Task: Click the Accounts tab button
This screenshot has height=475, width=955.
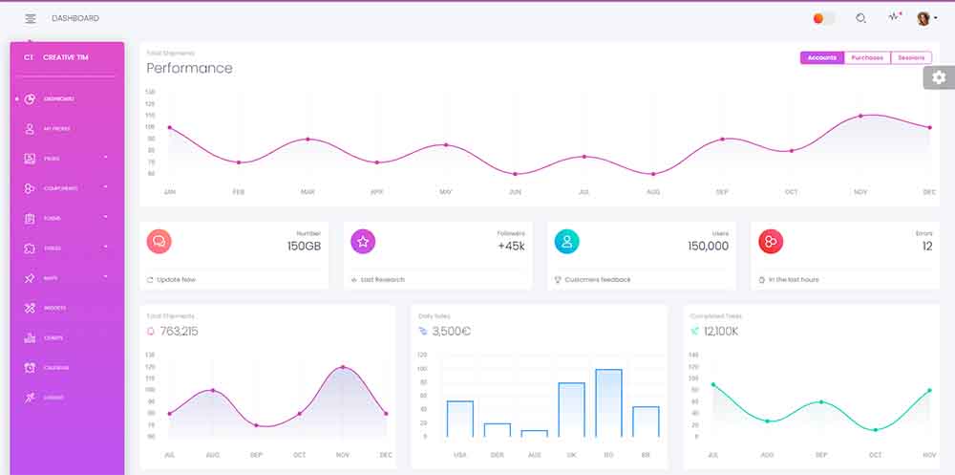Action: coord(821,57)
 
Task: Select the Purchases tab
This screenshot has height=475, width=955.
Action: coord(867,57)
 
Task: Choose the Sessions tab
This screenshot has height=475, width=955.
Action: coord(910,57)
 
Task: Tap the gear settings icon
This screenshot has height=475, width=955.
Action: coord(939,77)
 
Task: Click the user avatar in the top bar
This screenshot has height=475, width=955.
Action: coord(923,18)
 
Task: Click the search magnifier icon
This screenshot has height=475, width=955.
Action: coord(860,18)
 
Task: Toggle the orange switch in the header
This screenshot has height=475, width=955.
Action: coord(823,18)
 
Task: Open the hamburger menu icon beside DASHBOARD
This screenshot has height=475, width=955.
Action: coord(31,18)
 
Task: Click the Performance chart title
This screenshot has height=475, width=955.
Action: coord(189,68)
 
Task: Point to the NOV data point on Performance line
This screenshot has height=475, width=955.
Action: coord(860,116)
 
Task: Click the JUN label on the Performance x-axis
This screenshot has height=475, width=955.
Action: coord(515,192)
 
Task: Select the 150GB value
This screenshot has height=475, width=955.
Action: coord(304,246)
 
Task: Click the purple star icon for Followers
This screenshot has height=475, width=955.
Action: coord(363,242)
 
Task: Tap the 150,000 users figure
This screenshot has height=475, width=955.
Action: coord(708,246)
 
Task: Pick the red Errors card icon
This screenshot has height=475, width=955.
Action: coord(771,242)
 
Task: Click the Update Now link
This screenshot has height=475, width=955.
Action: coord(175,279)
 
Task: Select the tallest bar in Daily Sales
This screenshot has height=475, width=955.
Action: coord(608,402)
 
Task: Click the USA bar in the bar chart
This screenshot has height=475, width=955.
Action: coord(460,419)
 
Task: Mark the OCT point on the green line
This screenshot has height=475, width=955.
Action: coord(875,430)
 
